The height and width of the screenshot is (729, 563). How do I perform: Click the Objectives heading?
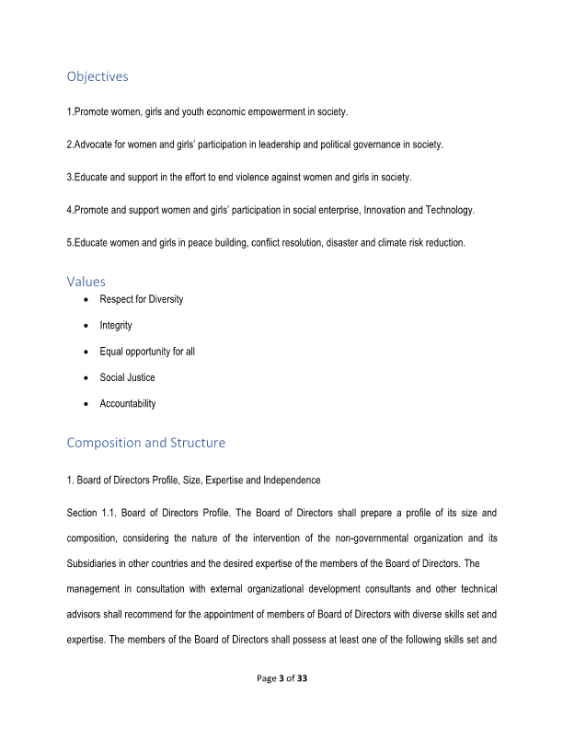(98, 76)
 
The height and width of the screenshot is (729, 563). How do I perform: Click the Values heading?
(86, 282)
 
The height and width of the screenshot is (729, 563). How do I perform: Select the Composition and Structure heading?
(145, 443)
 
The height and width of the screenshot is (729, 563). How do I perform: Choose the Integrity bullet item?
(116, 326)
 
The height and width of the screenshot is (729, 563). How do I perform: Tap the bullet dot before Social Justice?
(86, 377)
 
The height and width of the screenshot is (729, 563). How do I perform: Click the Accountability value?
(128, 404)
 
